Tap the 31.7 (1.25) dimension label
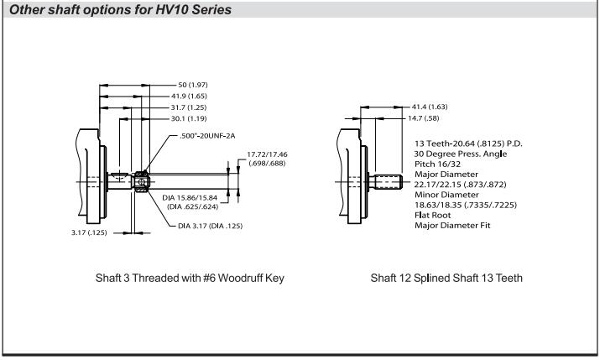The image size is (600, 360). click(x=196, y=107)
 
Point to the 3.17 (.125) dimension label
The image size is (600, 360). click(x=88, y=233)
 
